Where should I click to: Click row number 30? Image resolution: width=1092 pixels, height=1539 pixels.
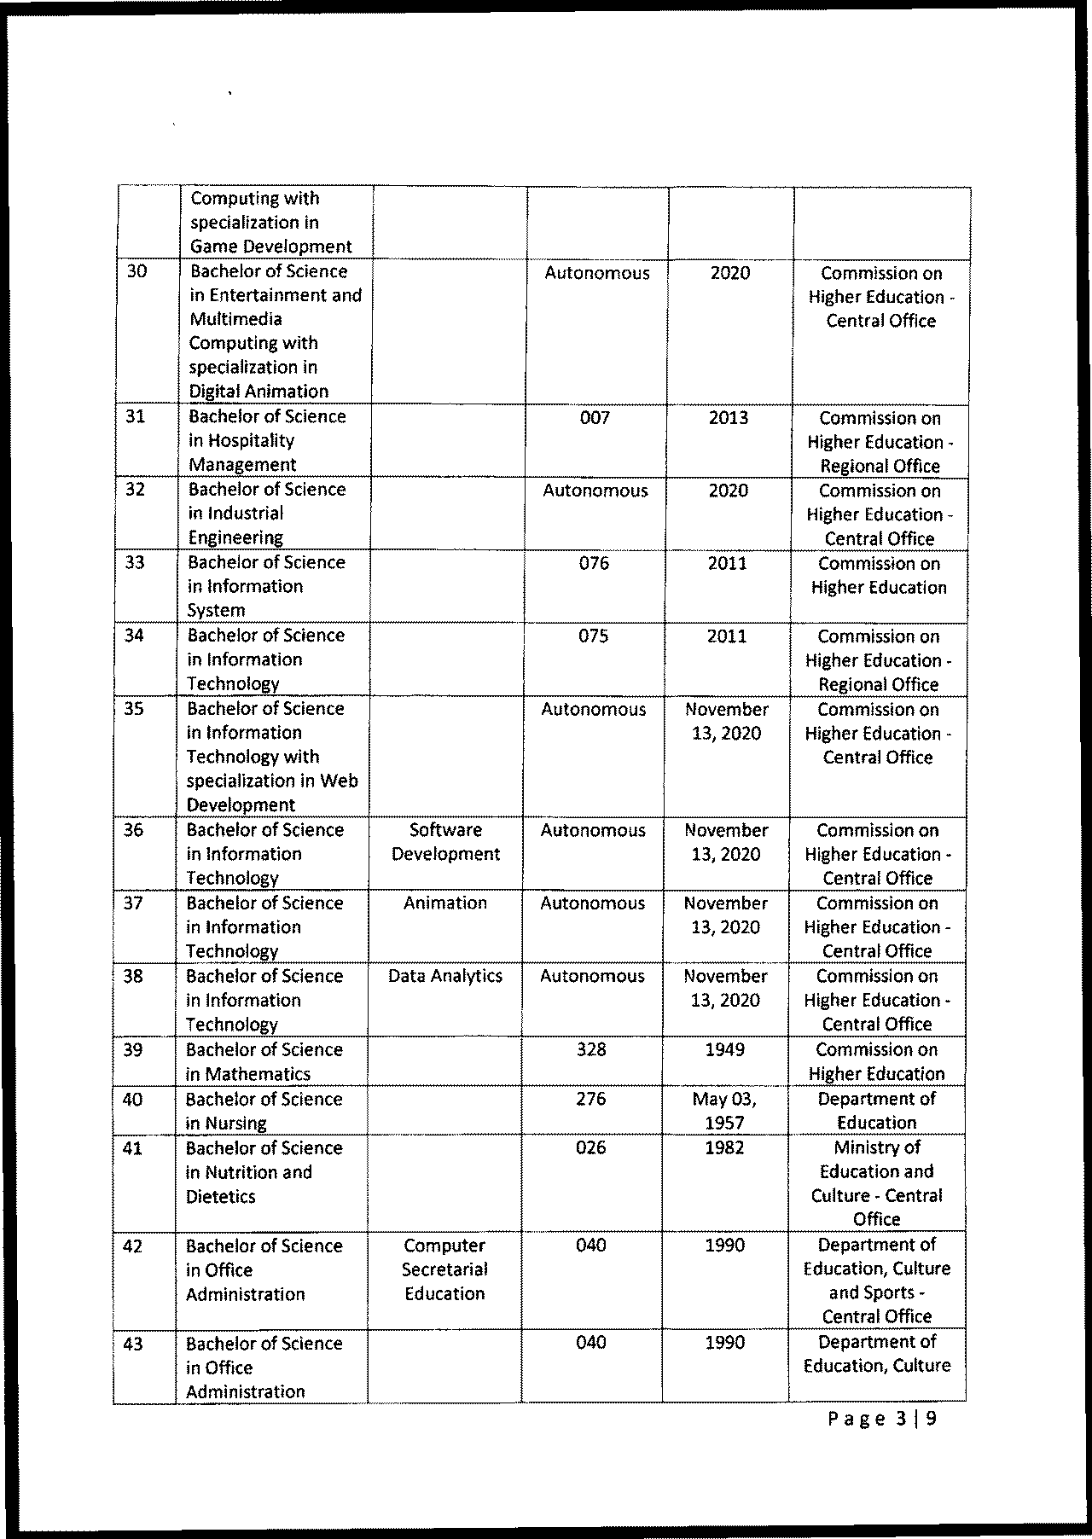[x=136, y=271]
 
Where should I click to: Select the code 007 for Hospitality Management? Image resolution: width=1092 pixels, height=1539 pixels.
[x=595, y=417]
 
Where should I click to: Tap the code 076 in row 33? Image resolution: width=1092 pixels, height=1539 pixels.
[x=594, y=563]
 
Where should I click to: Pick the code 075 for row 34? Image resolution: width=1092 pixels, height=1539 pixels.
[x=593, y=636]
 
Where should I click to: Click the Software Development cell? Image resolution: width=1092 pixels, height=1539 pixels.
[x=445, y=842]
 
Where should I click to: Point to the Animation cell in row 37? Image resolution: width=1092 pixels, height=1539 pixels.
[x=445, y=903]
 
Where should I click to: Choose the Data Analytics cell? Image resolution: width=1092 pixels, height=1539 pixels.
[x=445, y=976]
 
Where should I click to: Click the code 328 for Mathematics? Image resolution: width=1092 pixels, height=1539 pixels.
[x=591, y=1049]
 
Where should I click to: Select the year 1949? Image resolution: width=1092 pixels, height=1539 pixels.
[x=725, y=1049]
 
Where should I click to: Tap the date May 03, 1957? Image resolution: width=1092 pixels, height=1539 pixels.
[x=724, y=1111]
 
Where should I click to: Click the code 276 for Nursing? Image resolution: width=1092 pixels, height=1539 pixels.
[x=591, y=1099]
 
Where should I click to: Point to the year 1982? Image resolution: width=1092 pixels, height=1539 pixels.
[x=725, y=1147]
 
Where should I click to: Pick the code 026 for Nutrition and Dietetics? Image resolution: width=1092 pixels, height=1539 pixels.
[x=591, y=1147]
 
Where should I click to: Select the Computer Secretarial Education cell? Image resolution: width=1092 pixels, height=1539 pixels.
[x=444, y=1269]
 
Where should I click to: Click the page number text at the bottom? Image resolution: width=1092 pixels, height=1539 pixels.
[x=882, y=1419]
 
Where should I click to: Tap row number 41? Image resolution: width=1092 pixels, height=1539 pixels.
[x=132, y=1148]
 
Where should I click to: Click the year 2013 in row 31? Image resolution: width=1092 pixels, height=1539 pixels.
[x=729, y=417]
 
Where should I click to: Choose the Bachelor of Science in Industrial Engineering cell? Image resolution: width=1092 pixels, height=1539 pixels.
[x=267, y=514]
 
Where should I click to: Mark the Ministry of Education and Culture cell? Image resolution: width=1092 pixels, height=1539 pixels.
[x=877, y=1183]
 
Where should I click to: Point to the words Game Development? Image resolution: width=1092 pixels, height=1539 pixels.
[x=271, y=247]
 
